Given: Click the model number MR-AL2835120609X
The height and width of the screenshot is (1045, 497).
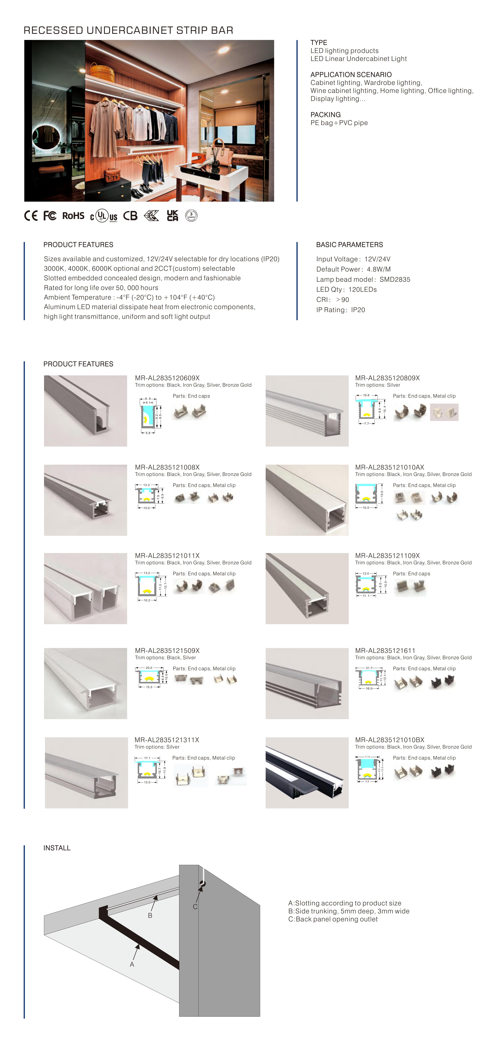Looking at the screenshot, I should (x=167, y=378).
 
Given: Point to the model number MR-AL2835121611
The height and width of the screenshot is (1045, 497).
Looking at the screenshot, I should (x=385, y=650).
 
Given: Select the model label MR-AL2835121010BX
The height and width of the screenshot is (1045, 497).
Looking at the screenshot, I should (x=389, y=739).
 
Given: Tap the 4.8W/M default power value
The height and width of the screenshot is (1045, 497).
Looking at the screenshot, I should (x=379, y=269).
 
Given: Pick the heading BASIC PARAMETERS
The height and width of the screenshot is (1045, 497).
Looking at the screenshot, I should (x=349, y=245).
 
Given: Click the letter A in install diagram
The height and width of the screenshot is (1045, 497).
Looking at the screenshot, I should (x=132, y=964).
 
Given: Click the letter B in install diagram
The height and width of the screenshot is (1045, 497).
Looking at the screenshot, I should (x=150, y=916).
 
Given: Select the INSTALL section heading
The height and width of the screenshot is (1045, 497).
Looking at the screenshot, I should (x=57, y=848).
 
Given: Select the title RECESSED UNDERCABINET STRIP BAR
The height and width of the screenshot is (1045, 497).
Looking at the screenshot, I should (x=128, y=30).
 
